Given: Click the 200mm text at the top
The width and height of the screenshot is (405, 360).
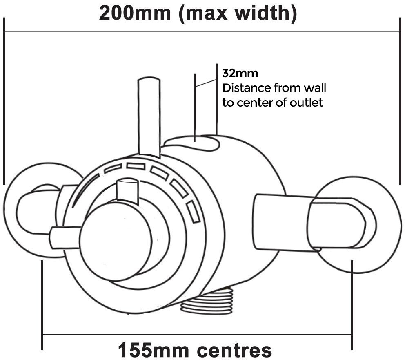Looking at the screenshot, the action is pyautogui.click(x=135, y=13).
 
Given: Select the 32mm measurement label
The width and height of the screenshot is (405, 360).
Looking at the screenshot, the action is pyautogui.click(x=240, y=74).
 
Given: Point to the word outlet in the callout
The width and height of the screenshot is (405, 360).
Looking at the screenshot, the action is pyautogui.click(x=306, y=103).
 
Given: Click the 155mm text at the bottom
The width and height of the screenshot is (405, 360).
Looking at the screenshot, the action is pyautogui.click(x=154, y=351).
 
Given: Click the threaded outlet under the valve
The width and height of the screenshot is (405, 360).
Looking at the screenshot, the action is pyautogui.click(x=207, y=302).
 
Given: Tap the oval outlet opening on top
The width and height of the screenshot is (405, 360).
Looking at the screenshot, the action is pyautogui.click(x=192, y=143).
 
